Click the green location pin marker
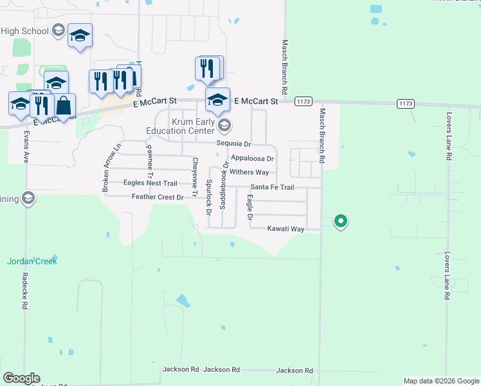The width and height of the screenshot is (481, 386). pyautogui.click(x=341, y=221)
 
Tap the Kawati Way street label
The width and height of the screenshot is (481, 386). pyautogui.click(x=286, y=229)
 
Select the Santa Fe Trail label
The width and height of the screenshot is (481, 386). pyautogui.click(x=272, y=187)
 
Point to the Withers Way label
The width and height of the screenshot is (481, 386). pyautogui.click(x=250, y=172)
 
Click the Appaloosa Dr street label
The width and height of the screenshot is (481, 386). pyautogui.click(x=252, y=158)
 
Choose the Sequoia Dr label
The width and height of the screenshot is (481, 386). pyautogui.click(x=233, y=143)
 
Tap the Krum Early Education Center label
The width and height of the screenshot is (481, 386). pyautogui.click(x=192, y=125)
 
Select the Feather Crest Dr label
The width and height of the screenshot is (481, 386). pyautogui.click(x=158, y=197)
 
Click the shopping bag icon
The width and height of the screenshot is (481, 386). pyautogui.click(x=64, y=105)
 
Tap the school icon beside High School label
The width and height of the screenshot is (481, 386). pyautogui.click(x=59, y=30)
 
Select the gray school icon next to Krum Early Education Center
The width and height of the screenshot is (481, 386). pyautogui.click(x=224, y=125)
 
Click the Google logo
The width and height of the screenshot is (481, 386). pyautogui.click(x=21, y=378)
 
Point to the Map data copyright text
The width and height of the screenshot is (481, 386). pyautogui.click(x=441, y=381)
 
